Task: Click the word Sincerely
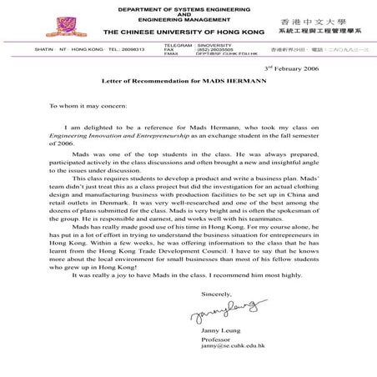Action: pos(219,294)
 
